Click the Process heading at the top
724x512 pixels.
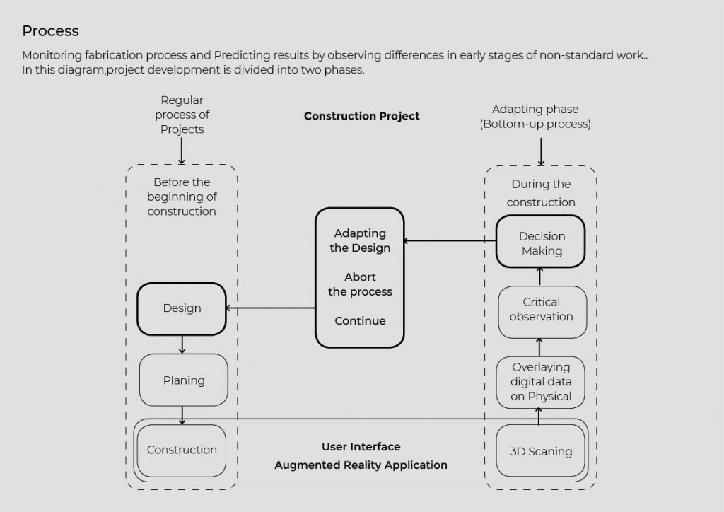tap(50, 31)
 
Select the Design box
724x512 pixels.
tap(182, 308)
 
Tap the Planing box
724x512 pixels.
tap(183, 380)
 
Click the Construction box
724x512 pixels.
tap(182, 450)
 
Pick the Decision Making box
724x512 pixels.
tap(541, 243)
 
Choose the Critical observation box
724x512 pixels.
tap(541, 310)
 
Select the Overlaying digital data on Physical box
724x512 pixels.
tap(541, 382)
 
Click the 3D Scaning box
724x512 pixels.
tap(541, 451)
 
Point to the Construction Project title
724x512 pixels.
tap(361, 116)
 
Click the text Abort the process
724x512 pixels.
tap(360, 284)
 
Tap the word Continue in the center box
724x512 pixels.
tap(360, 321)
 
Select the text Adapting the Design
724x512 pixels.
tap(360, 240)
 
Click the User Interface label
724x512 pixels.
tap(361, 447)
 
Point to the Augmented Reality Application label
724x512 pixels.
tap(361, 465)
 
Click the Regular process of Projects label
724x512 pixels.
tap(182, 115)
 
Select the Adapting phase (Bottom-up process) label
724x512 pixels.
tap(535, 117)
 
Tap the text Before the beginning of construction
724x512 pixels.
tap(182, 197)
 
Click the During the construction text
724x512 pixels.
tap(541, 193)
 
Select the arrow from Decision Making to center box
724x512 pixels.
tap(450, 241)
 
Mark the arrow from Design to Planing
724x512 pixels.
tap(182, 344)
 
